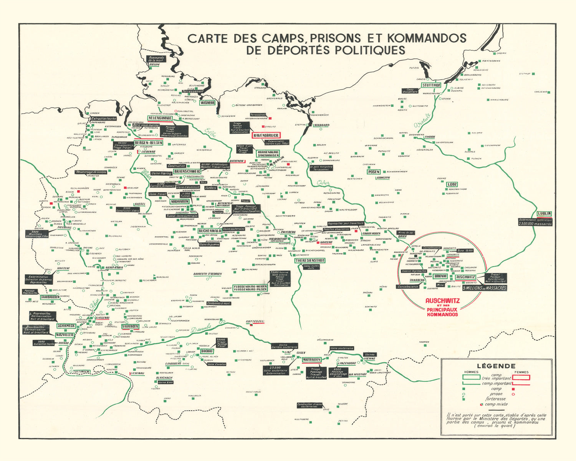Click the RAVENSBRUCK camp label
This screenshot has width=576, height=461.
tap(266, 135)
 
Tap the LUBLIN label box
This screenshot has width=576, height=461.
tap(544, 214)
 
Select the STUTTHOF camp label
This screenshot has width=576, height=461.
tap(431, 85)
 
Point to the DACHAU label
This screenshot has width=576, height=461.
tap(207, 351)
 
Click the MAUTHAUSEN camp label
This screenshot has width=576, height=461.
tap(311, 360)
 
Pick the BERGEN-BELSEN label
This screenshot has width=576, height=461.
tap(149, 143)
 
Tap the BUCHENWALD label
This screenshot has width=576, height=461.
tap(210, 231)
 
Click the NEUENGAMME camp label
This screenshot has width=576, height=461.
tap(160, 118)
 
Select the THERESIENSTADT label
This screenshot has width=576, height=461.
tap(310, 260)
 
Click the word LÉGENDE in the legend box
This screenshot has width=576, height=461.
tap(496, 366)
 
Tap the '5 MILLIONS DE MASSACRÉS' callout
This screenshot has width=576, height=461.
tap(484, 288)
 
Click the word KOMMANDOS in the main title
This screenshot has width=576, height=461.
tap(427, 38)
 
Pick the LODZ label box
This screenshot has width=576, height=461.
tap(452, 184)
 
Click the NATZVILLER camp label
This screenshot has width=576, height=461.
tap(65, 335)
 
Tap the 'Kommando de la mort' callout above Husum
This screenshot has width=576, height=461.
tap(156, 59)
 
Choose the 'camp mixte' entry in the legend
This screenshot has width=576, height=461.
tap(496, 404)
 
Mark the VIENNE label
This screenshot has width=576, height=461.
tap(369, 359)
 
